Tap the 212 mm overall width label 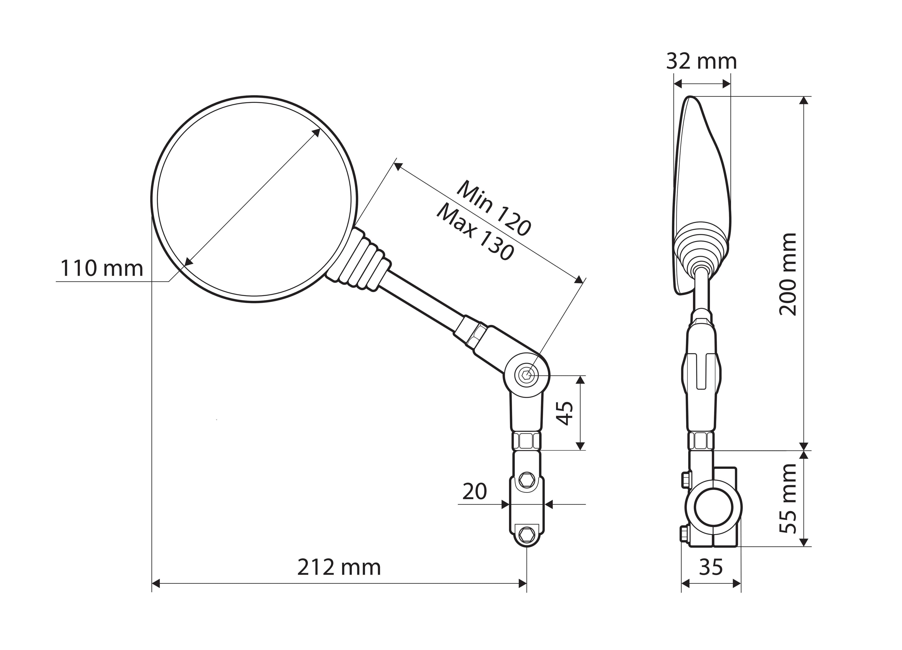click(x=339, y=567)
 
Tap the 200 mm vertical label click(x=787, y=274)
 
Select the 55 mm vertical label click(x=787, y=498)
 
